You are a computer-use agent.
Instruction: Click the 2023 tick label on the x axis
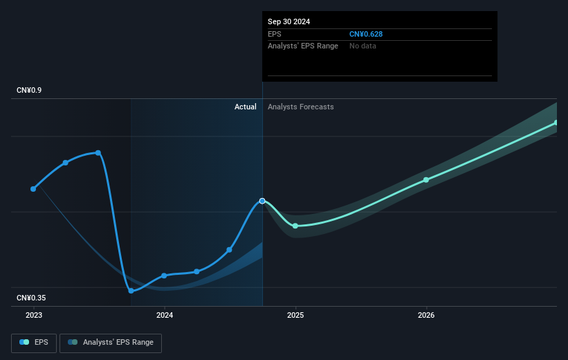click(x=33, y=315)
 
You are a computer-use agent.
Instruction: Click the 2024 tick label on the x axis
click(x=165, y=315)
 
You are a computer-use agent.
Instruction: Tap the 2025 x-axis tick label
click(x=295, y=315)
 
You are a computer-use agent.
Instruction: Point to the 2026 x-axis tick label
click(x=426, y=315)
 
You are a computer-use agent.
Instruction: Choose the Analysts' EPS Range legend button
click(x=111, y=342)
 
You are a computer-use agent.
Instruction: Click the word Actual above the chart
click(x=245, y=107)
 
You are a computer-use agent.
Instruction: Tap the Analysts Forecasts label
click(x=300, y=107)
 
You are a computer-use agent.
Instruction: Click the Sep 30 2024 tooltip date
click(x=289, y=21)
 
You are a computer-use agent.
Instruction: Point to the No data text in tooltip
click(x=363, y=46)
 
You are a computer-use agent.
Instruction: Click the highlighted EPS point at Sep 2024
click(x=262, y=201)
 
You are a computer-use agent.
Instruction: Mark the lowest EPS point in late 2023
click(x=131, y=291)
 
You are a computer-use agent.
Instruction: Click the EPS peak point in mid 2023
click(x=98, y=152)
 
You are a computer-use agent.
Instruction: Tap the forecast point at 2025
click(x=295, y=226)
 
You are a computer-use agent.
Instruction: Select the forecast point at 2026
click(x=426, y=180)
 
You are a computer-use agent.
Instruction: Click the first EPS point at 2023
click(x=33, y=188)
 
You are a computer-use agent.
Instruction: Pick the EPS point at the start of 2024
click(x=165, y=276)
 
